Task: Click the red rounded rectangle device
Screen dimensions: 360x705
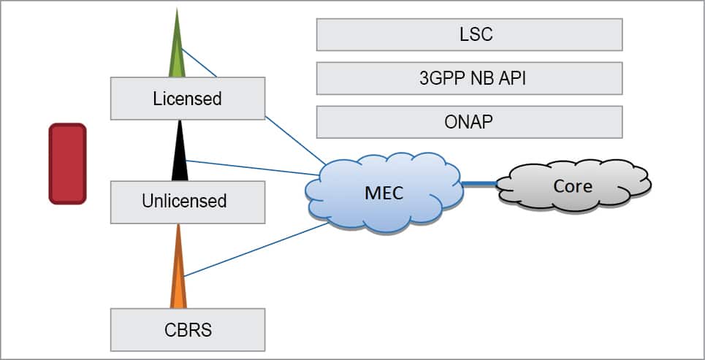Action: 67,164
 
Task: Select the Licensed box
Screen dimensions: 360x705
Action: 187,98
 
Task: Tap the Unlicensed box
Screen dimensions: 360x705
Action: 187,201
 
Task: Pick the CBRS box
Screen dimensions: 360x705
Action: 187,329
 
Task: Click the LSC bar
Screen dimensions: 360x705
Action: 469,34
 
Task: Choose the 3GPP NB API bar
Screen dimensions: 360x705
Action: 469,78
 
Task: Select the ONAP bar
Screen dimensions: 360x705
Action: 469,122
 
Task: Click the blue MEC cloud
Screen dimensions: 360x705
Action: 384,193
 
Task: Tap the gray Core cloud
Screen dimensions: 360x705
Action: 573,186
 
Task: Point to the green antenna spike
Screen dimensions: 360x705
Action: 177,51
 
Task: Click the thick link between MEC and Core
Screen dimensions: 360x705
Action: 479,184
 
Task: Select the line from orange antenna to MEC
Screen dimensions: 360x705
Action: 256,250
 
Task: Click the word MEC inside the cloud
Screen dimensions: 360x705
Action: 384,194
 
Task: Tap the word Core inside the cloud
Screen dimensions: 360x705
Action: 573,186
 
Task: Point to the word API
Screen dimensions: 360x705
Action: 511,79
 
